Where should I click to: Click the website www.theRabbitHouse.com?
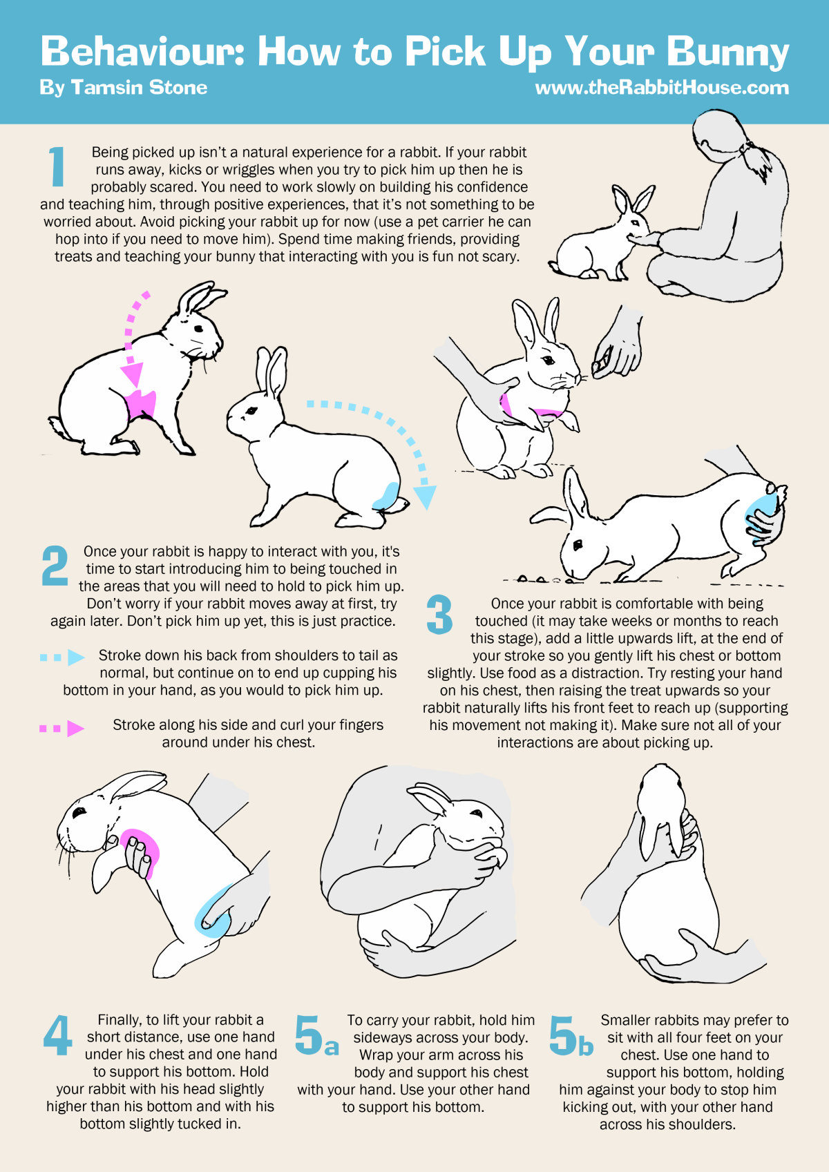662,88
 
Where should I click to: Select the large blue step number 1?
56,166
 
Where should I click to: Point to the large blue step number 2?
55,565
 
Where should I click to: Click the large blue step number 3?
439,614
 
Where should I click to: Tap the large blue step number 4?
57,1035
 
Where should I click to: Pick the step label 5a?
316,1035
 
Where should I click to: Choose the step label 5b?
571,1035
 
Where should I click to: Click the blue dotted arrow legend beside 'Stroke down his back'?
62,657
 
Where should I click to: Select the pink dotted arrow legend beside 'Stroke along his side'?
62,728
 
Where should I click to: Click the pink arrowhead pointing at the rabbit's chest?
133,375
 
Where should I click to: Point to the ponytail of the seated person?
757,159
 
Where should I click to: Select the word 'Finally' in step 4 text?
120,1020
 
